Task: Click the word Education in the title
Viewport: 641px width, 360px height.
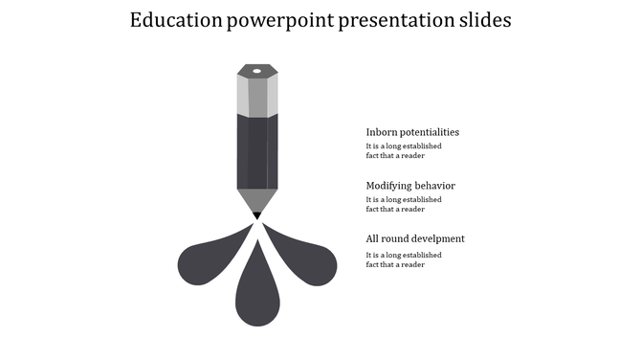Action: click(x=175, y=20)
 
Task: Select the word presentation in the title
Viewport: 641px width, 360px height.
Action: click(x=391, y=20)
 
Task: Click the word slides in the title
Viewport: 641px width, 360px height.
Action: click(x=483, y=20)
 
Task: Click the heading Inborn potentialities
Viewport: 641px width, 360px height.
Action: click(x=412, y=132)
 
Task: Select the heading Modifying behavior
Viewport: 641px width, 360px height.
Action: click(x=410, y=186)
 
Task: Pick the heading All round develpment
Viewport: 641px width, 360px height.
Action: click(x=415, y=238)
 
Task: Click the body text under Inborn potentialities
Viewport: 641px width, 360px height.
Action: click(x=403, y=151)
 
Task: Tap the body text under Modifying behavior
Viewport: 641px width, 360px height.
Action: click(x=403, y=204)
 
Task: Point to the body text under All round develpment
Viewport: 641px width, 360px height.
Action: click(x=403, y=259)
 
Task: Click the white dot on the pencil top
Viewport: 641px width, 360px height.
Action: click(x=256, y=70)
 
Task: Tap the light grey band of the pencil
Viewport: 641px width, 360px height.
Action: click(x=256, y=96)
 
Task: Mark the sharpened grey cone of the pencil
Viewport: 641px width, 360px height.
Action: click(x=256, y=199)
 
